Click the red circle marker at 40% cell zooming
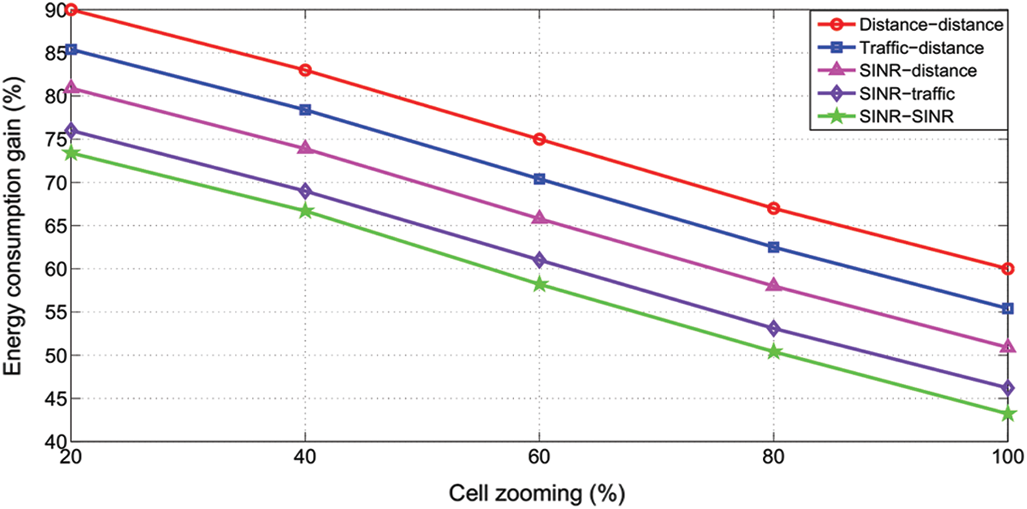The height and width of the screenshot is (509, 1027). click(305, 70)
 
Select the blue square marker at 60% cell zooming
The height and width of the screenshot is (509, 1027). click(539, 179)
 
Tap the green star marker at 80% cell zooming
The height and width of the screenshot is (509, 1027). click(774, 351)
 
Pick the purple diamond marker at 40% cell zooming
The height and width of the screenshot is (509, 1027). click(305, 190)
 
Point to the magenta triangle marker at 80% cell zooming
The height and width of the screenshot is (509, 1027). click(774, 284)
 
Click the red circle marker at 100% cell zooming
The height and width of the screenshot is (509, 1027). click(1007, 269)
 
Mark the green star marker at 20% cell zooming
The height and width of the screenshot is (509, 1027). click(71, 153)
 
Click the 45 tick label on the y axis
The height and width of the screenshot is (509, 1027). click(53, 399)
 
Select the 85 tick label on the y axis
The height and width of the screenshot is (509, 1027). click(53, 53)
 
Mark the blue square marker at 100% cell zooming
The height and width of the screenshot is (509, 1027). click(1007, 308)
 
